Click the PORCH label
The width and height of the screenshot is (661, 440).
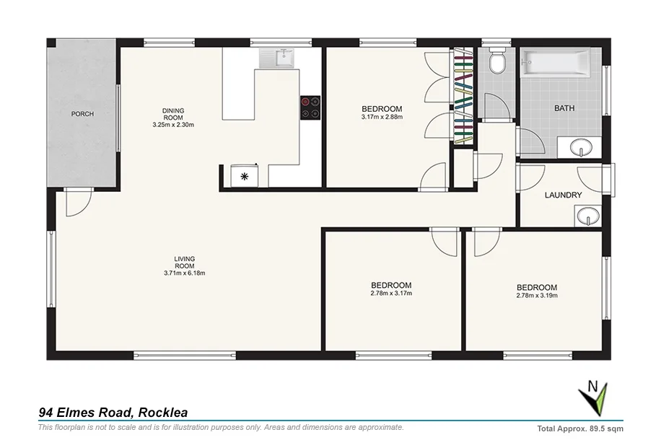82,114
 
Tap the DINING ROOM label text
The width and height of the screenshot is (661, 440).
173,114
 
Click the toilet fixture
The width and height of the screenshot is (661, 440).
496,63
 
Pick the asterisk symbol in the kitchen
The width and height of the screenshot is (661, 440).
244,175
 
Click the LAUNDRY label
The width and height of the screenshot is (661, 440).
563,195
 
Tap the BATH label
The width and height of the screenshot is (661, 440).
564,109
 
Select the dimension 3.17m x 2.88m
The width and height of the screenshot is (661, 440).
382,116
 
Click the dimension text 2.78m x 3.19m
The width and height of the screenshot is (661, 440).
537,295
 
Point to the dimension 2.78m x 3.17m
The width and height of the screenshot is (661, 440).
391,293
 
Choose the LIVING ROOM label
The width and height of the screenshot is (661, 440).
184,262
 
